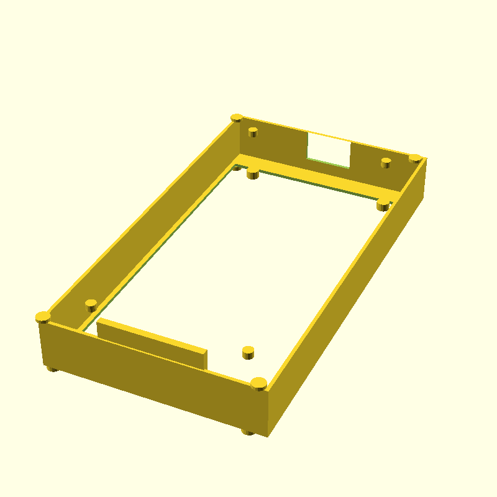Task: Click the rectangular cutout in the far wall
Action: click(x=329, y=149)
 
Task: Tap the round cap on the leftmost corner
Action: click(x=43, y=317)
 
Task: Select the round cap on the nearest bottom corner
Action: click(x=259, y=383)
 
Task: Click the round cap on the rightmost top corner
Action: click(x=415, y=158)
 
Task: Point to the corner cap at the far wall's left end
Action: click(x=237, y=117)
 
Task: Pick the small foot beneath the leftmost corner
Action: click(x=53, y=369)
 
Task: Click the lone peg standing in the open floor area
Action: click(x=248, y=352)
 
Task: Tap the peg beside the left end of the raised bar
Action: click(x=91, y=305)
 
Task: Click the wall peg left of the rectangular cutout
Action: click(x=253, y=132)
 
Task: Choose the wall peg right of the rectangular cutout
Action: click(x=386, y=162)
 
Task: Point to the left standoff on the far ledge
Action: click(x=253, y=173)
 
